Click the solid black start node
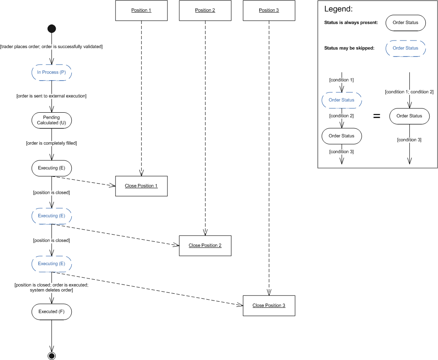click(x=51, y=29)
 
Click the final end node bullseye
click(x=51, y=356)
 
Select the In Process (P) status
click(x=51, y=73)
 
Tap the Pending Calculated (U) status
click(x=51, y=120)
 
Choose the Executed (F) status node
click(x=51, y=311)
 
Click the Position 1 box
click(x=141, y=11)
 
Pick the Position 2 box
click(x=205, y=11)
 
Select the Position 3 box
click(x=269, y=11)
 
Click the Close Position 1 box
click(x=141, y=186)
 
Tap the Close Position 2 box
click(x=205, y=245)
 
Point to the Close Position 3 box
click(x=269, y=305)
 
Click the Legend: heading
click(x=338, y=9)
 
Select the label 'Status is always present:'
click(x=351, y=23)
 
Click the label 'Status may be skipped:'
click(x=349, y=48)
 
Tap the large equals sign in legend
click(x=377, y=116)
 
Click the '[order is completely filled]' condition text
click(x=51, y=143)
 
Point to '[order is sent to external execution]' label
click(x=51, y=96)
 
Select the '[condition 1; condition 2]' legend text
click(x=409, y=92)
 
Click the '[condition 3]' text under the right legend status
click(x=409, y=140)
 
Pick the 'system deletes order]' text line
click(x=51, y=290)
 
